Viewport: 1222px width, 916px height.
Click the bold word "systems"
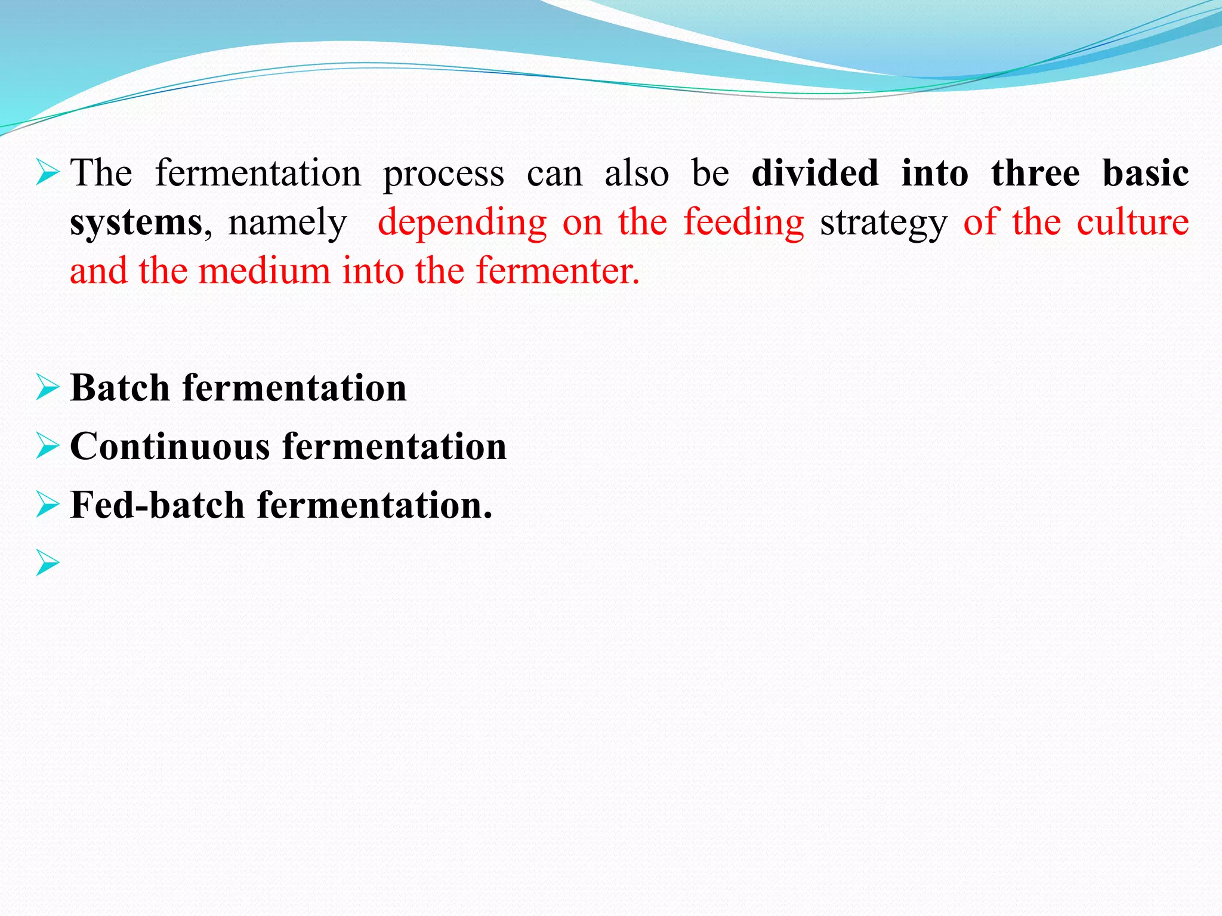[137, 223]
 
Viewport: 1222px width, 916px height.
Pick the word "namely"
[287, 223]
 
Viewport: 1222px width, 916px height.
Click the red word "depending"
[462, 223]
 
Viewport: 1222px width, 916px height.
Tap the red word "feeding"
[743, 223]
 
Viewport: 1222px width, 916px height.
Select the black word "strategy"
[883, 223]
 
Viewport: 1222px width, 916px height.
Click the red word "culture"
[1132, 222]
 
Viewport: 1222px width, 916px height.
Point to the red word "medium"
[264, 271]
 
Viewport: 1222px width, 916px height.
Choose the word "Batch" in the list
[120, 388]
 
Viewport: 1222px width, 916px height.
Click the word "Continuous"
[170, 446]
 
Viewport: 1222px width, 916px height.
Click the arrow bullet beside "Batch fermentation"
[48, 388]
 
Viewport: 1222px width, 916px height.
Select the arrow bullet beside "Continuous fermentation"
[48, 446]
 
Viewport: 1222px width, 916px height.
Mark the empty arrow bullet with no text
[48, 563]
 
